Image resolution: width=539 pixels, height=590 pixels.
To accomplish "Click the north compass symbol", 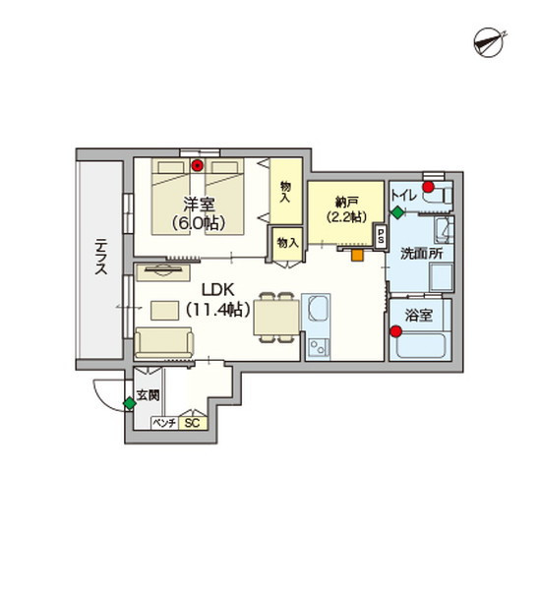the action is tap(489, 43).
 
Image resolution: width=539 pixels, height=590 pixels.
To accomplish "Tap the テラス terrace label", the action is tap(101, 257).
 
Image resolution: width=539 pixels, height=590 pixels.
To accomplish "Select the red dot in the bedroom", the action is tap(197, 165).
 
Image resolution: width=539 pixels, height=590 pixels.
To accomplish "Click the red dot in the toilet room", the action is tap(428, 187).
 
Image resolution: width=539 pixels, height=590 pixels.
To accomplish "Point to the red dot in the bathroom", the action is tap(395, 331).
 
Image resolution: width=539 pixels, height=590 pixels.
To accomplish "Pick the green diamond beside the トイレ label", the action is tap(397, 212).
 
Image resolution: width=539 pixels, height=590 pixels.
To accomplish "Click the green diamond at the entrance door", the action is tap(130, 404).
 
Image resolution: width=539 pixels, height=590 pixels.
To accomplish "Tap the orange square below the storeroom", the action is tap(357, 255).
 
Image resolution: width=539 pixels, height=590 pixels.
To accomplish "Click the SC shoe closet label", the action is tap(193, 423).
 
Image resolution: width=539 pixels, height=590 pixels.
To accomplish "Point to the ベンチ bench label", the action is tap(164, 423).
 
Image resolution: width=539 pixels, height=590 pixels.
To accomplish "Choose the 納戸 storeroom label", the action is tap(346, 204).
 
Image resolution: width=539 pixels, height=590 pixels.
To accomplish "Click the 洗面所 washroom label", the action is tap(421, 254).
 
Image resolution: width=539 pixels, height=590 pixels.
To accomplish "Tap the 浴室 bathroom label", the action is tap(419, 316).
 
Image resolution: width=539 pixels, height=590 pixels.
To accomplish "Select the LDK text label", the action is tap(218, 290).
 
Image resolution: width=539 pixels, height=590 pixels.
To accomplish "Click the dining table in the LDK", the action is tap(276, 318).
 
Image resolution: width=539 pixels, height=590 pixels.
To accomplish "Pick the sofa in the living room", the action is tap(164, 342).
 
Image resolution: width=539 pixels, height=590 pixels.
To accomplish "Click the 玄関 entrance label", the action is tap(149, 395).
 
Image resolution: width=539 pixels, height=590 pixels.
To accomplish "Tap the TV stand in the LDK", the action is tap(163, 272).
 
